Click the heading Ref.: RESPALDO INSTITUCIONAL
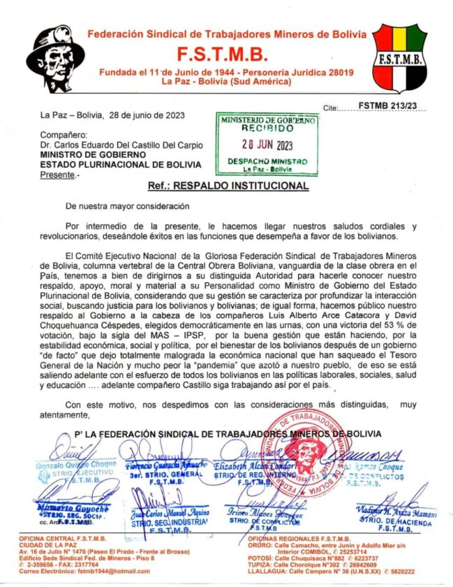tap(228, 187)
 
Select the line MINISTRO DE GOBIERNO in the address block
tap(93, 154)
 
